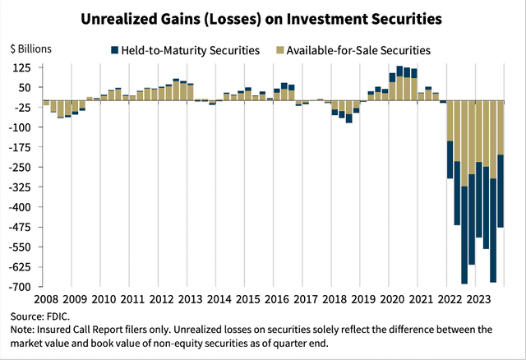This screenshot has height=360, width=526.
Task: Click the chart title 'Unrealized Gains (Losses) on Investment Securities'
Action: [262, 16]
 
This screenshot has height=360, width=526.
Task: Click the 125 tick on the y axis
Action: [21, 67]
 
